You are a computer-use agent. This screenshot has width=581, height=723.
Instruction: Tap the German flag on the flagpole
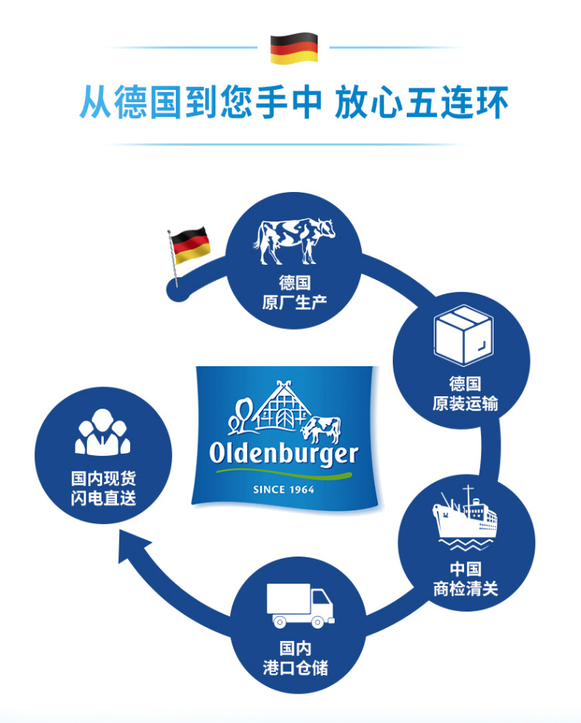pos(189,245)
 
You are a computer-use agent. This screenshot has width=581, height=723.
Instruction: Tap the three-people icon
pos(103,433)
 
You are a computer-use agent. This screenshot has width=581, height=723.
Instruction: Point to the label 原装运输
pos(465,403)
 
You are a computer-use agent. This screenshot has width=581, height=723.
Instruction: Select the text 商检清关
pos(465,589)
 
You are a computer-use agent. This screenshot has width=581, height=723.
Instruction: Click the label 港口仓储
pos(295,666)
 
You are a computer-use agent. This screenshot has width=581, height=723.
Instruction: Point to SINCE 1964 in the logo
pos(284,489)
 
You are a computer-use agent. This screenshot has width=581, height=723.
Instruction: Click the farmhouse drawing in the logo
pos(277,408)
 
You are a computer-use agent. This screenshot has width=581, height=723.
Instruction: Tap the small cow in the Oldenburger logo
pos(321,428)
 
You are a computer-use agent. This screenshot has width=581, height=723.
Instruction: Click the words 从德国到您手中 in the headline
pos(200,103)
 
